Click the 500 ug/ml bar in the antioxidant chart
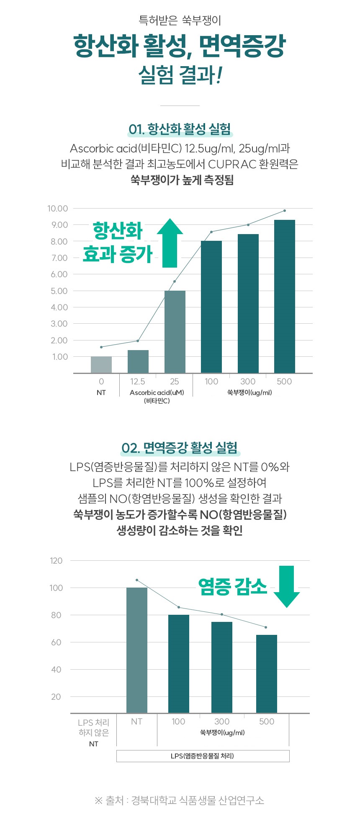point(284,296)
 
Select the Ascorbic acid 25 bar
point(175,332)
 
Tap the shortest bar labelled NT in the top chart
point(101,364)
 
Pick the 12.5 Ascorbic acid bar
point(138,361)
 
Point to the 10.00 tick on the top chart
point(58,209)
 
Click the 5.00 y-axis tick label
point(59,291)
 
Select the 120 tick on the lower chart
point(56,561)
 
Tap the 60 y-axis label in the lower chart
point(56,642)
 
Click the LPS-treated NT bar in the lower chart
point(137,650)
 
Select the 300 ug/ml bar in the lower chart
point(222,667)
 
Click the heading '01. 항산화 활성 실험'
point(180,129)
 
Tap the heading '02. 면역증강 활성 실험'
point(180,448)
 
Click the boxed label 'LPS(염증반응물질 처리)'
point(203,756)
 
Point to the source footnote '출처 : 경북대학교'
point(180,800)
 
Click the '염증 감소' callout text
point(232,586)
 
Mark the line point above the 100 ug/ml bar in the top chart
point(211,232)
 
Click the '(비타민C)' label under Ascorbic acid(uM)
point(157,401)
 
